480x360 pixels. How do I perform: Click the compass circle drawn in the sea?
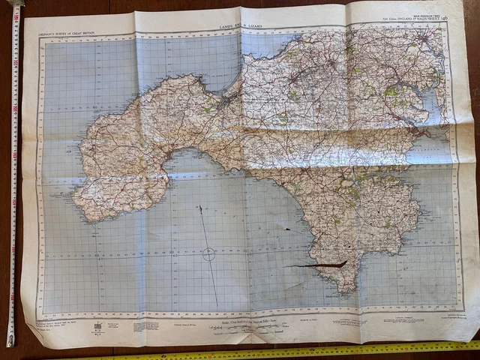pos(209,255)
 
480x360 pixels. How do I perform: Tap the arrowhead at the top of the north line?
pos(200,207)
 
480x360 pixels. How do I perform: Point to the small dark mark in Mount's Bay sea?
pos(286,228)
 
